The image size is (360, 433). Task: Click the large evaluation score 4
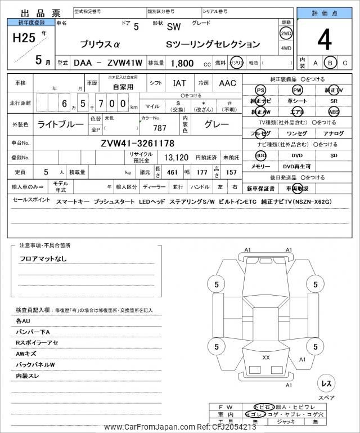(x=324, y=41)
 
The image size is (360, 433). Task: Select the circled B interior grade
(x=331, y=63)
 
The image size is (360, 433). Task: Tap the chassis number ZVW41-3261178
(x=137, y=143)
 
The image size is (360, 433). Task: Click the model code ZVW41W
(x=119, y=64)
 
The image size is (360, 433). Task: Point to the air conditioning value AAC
(x=227, y=83)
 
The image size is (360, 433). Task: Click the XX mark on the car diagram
(x=266, y=358)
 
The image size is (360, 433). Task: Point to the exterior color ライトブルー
(x=61, y=123)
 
